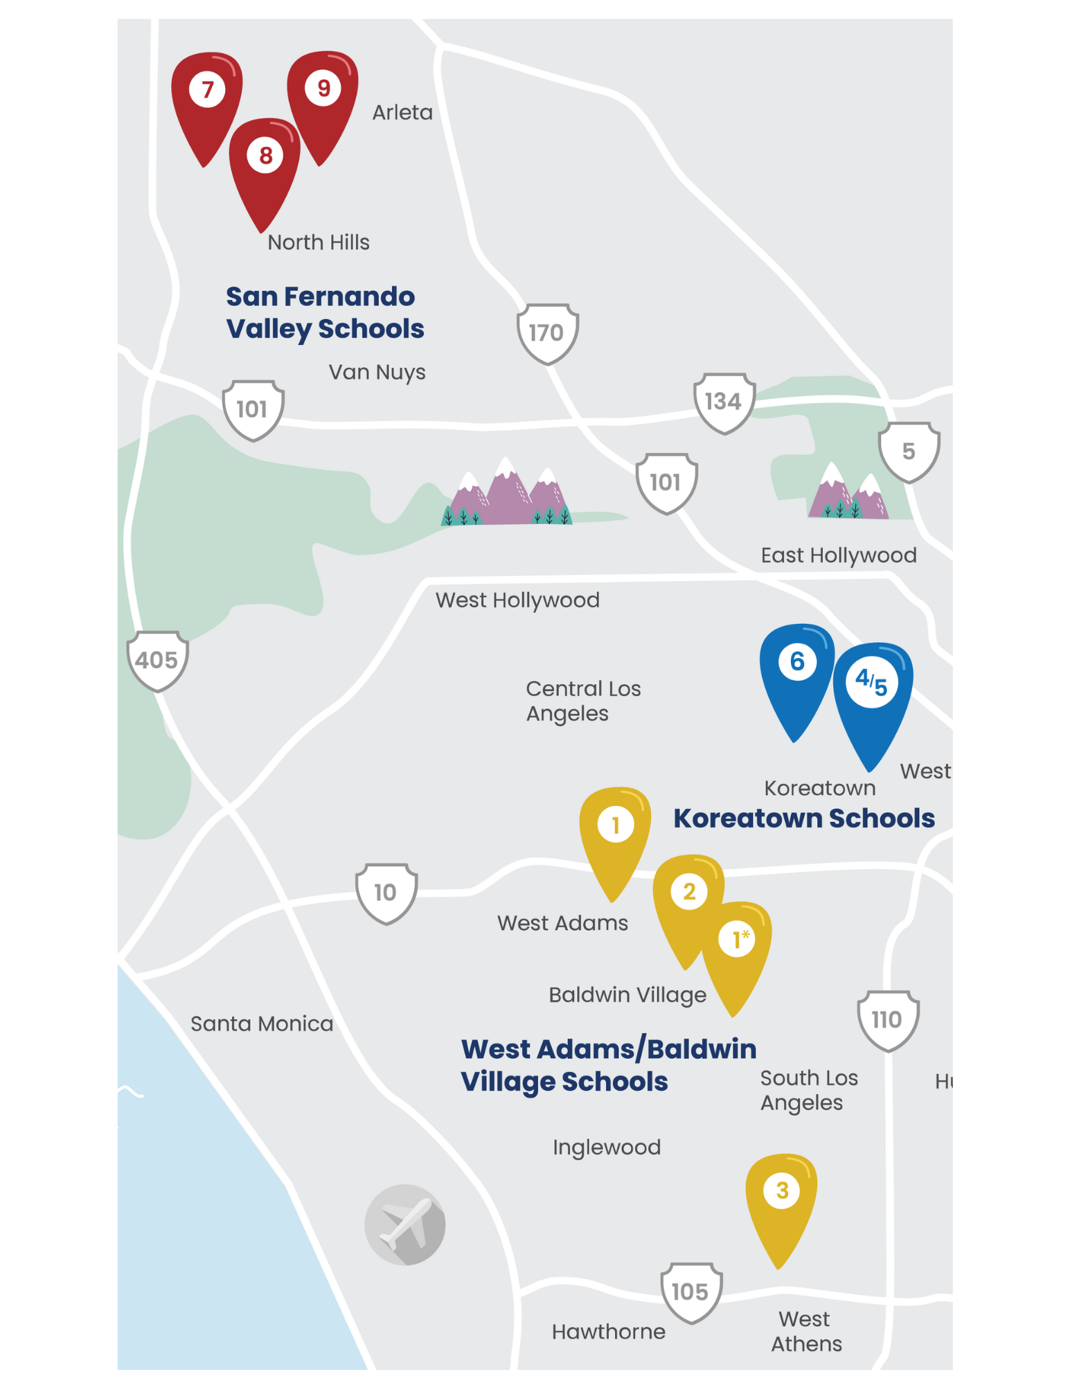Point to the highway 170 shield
coord(547,333)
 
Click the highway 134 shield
coord(724,402)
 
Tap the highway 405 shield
coord(157,661)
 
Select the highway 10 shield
coord(386,893)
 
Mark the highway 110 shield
coord(888,1020)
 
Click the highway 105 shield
coord(690,1292)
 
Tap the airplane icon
coord(405,1224)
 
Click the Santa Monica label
coord(262,1024)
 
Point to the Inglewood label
coord(607,1147)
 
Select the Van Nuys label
coord(377,373)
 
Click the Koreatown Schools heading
coord(804,819)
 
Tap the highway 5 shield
coord(909,452)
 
